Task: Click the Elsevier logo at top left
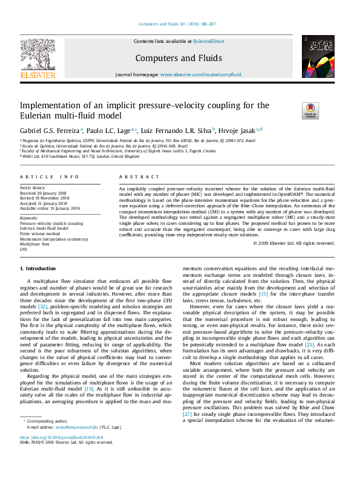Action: (38, 57)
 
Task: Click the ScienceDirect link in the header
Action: (209, 42)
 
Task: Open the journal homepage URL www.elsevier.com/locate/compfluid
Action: (200, 75)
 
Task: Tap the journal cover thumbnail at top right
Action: (318, 56)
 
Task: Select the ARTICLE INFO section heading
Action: (50, 177)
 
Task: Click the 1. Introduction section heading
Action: (38, 268)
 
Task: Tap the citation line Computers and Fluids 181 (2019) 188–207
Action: (180, 24)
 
